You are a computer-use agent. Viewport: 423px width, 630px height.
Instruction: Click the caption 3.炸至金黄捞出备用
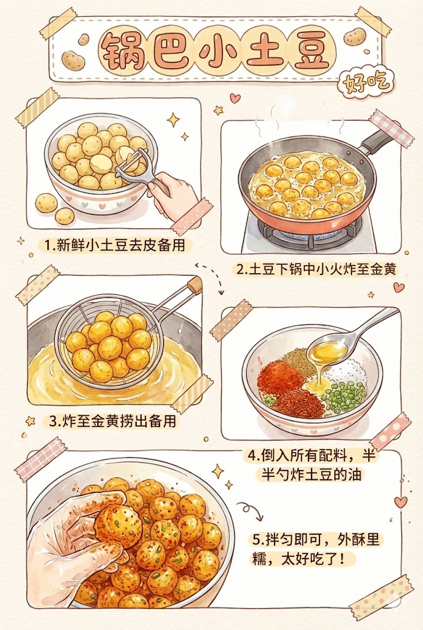pyautogui.click(x=111, y=422)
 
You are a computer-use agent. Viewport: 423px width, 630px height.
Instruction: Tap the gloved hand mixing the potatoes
pyautogui.click(x=74, y=541)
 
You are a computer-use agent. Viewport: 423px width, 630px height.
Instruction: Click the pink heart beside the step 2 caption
pyautogui.click(x=399, y=287)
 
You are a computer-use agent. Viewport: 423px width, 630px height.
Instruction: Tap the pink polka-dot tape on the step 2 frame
pyautogui.click(x=392, y=127)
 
